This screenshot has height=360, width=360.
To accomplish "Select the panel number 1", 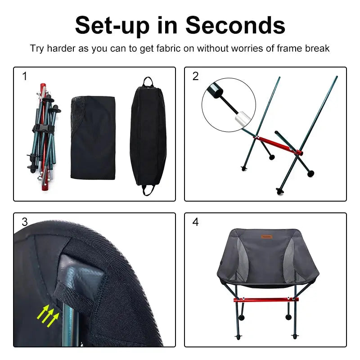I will (x=25, y=76).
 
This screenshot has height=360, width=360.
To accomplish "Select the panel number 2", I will (x=195, y=76).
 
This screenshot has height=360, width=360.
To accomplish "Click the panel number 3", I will (x=25, y=222).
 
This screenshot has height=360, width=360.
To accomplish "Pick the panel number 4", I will (x=195, y=222).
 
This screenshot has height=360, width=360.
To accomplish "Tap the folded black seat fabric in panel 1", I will (x=93, y=137).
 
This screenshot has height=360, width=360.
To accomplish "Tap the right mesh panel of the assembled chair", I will (x=290, y=260).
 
